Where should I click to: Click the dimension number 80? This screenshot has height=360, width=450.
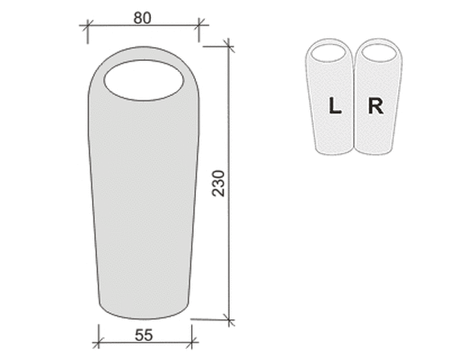click(143, 18)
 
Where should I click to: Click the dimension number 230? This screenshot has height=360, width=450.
click(218, 183)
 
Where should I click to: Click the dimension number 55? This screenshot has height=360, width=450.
click(144, 335)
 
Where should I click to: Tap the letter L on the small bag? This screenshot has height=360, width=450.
click(334, 105)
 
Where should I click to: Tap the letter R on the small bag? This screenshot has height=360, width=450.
click(376, 106)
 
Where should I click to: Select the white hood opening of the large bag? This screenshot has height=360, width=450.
click(144, 80)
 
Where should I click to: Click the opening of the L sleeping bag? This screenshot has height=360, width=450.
click(329, 53)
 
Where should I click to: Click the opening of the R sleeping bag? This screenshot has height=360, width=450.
click(379, 53)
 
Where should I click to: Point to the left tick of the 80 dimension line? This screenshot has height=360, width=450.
click(87, 26)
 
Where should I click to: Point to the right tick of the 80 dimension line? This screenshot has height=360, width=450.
click(199, 25)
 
